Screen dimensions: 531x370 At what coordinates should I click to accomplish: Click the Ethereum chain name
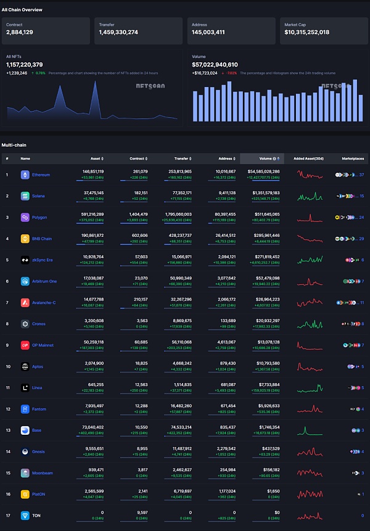[x=41, y=175]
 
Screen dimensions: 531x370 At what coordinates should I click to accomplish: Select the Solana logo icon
[x=25, y=196]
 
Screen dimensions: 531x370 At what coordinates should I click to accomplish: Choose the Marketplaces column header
[x=353, y=158]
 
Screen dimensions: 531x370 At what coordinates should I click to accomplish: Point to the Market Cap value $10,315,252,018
[x=306, y=32]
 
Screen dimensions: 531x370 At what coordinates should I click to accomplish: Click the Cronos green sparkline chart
[x=310, y=324]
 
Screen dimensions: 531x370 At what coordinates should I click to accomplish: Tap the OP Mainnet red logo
[x=25, y=345]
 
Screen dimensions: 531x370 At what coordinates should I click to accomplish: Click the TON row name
[x=36, y=516]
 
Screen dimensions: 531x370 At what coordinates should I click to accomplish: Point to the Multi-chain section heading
[x=14, y=145]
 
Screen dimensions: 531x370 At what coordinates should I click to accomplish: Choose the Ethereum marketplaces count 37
[x=361, y=175]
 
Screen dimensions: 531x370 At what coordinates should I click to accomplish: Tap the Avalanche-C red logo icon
[x=25, y=303]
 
